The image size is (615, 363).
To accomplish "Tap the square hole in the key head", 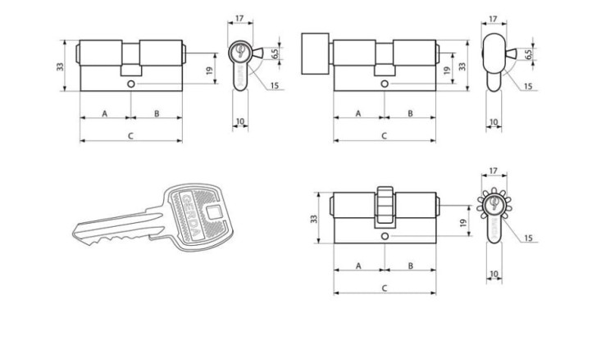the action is coord(214,212).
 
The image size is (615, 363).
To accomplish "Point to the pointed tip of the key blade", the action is coord(74,234).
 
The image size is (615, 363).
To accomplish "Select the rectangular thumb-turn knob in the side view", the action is coord(315,54).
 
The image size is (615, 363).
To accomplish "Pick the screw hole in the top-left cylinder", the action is coord(131,84).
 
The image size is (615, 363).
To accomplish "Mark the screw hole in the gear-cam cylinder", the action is coord(385,236).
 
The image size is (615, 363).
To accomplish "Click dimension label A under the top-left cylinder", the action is coord(105,114).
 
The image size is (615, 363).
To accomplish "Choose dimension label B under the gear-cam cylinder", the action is coord(410,265).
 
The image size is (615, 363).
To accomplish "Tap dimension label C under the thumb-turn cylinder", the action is coord(385,136).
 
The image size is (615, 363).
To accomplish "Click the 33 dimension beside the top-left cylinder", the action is coord(60,66).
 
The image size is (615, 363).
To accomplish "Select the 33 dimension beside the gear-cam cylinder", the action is coord(314,219).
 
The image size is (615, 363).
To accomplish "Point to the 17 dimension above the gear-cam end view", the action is coord(494,170).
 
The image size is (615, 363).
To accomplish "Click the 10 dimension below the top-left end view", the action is coord(240,121).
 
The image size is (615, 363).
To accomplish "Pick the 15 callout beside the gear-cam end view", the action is coord(528,238).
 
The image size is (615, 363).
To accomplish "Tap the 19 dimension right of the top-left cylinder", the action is coord(209,70).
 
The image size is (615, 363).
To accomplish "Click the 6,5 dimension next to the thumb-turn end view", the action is coord(529,54).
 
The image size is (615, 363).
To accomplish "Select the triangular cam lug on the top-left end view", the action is coord(257,53).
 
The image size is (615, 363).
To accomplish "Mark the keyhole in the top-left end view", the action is coord(239,51).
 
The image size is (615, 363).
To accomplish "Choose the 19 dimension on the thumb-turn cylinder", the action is coord(446,70).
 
